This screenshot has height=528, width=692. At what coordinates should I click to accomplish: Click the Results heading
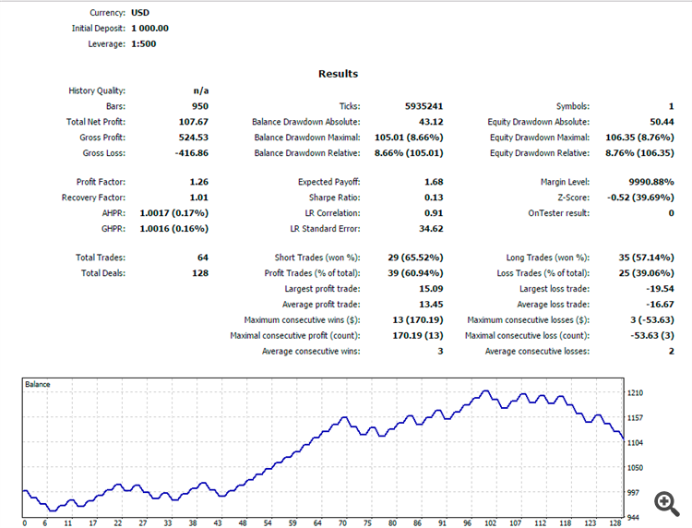coord(338,74)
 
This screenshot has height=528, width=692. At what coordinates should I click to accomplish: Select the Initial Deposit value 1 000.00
coord(144,28)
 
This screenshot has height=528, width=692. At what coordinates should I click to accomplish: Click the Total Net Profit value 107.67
coord(193,122)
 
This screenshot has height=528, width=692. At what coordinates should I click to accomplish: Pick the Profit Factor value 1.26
coord(198,182)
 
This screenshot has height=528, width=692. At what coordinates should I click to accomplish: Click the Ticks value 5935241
coord(424,106)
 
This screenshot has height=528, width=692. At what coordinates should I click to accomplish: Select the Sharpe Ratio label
coord(334,198)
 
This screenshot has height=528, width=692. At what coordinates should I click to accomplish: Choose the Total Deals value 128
coord(199,273)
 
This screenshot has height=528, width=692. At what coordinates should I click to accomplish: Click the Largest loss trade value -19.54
coord(656,289)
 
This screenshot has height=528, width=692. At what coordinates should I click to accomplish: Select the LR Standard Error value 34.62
coord(431,229)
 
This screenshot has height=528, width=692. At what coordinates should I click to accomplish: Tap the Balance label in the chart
coord(38,384)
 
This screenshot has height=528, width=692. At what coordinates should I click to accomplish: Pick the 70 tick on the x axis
coord(342,523)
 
